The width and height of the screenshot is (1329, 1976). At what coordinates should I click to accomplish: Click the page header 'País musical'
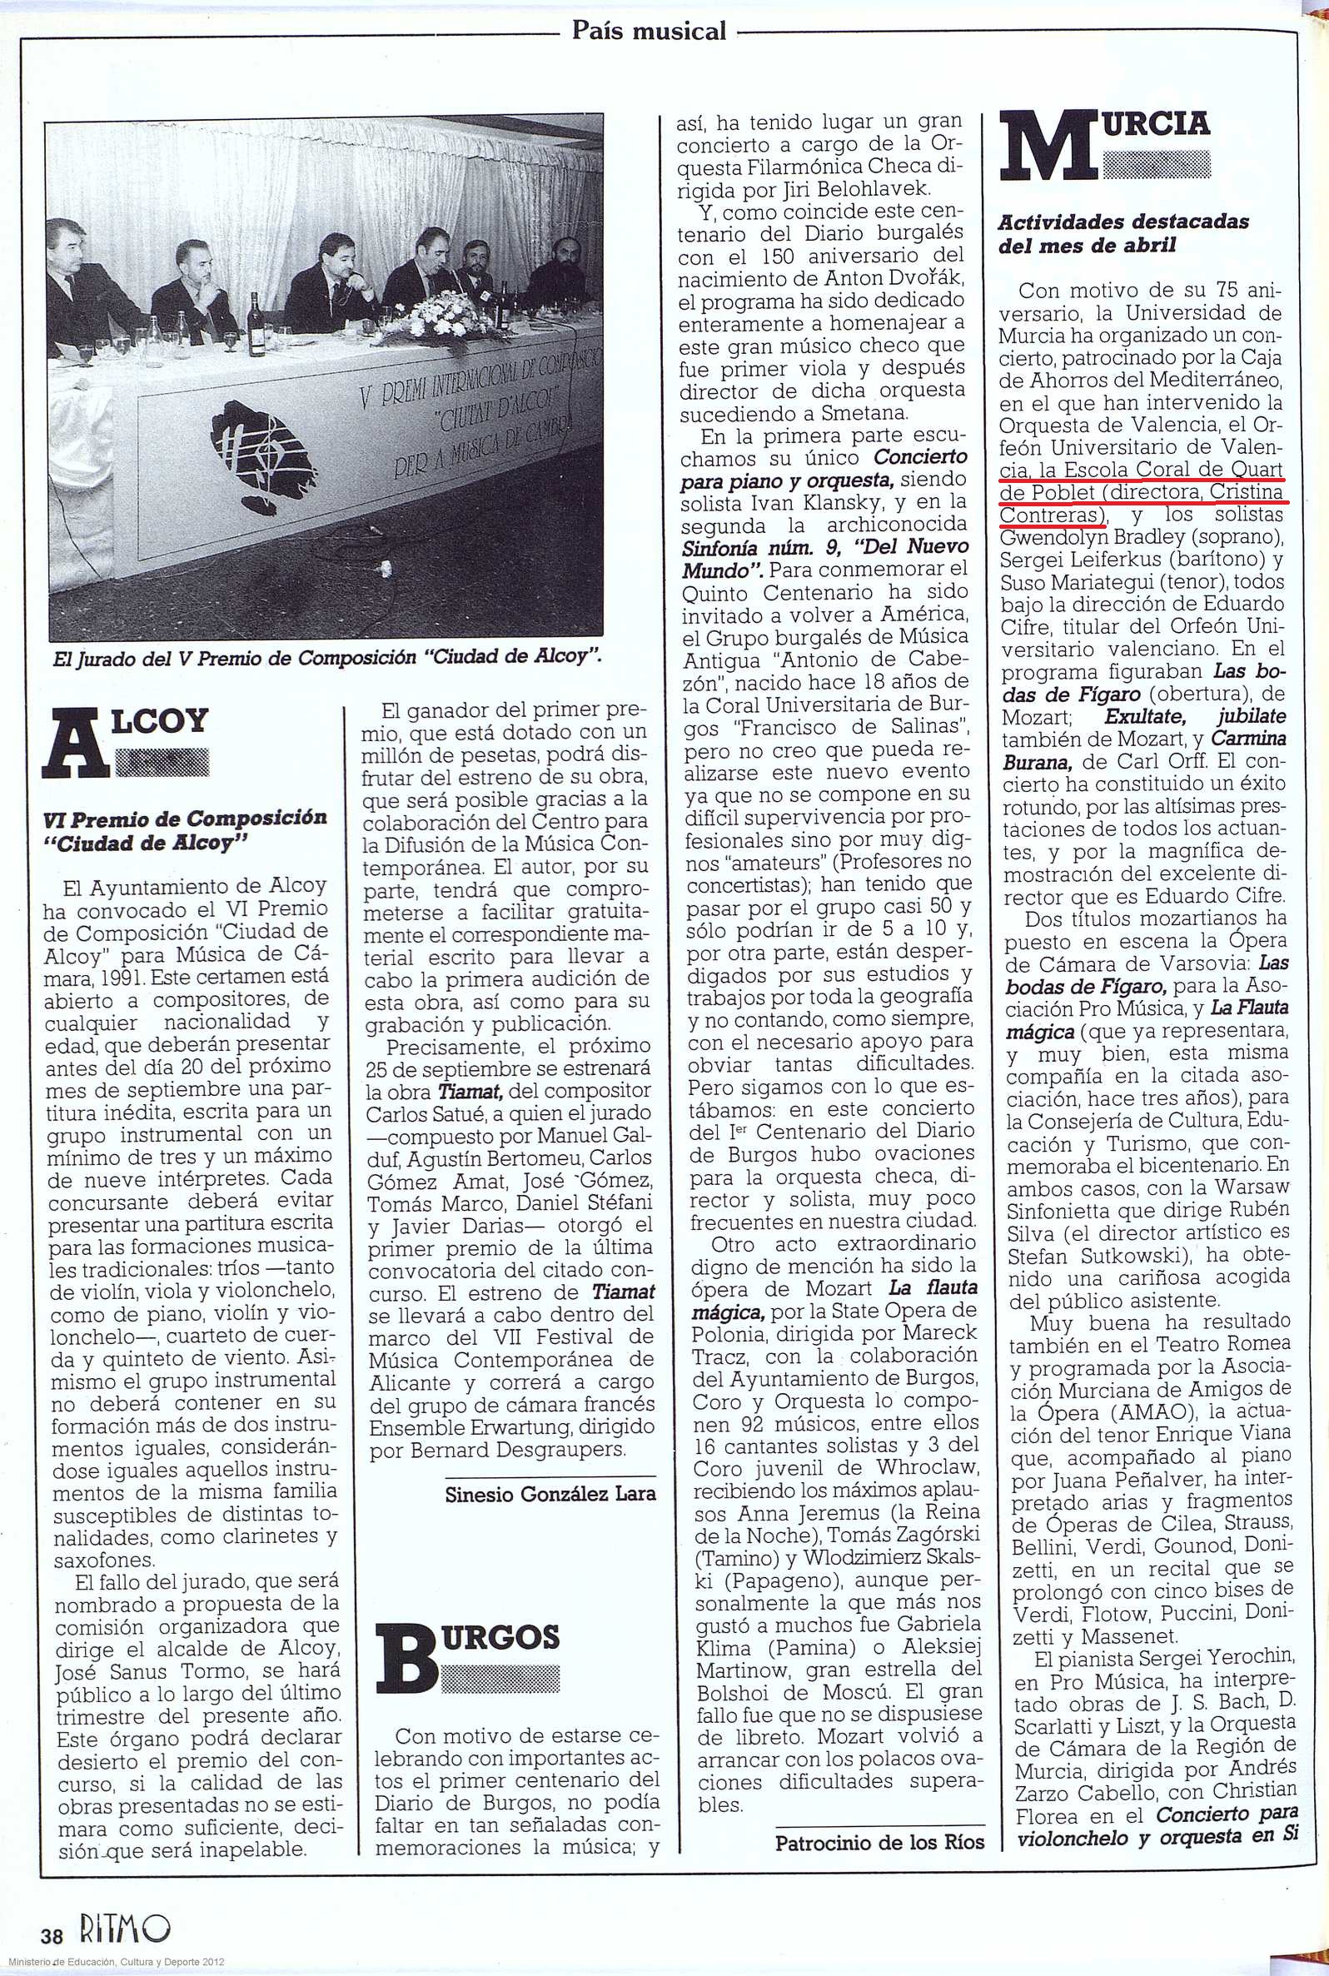pyautogui.click(x=649, y=32)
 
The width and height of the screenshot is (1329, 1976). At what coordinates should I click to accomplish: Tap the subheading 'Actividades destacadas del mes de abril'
pyautogui.click(x=1123, y=233)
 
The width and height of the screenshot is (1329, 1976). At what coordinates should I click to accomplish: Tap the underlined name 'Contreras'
pyautogui.click(x=1052, y=514)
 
